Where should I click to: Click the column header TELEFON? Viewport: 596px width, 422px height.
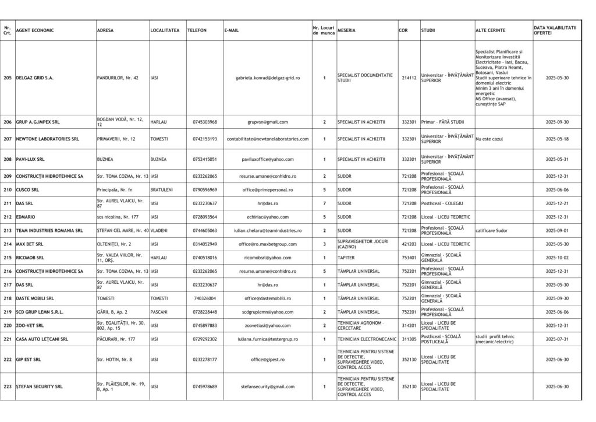197,30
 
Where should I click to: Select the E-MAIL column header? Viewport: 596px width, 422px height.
231,30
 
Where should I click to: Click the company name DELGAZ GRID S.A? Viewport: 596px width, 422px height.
34,78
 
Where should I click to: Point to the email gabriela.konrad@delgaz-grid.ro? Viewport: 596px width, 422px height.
268,78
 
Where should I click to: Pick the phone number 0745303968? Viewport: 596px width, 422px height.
205,122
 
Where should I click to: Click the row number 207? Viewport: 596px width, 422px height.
8,139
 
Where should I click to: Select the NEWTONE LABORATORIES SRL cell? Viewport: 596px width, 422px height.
47,139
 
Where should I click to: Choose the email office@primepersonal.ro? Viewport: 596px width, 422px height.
268,190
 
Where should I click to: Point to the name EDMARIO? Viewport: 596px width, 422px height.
26,217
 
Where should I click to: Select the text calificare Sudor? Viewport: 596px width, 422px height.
492,230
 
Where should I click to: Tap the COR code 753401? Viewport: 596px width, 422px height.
409,257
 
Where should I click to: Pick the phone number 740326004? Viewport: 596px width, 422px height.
205,298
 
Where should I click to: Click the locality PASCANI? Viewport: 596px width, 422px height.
159,312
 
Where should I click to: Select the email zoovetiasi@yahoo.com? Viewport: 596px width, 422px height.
268,325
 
